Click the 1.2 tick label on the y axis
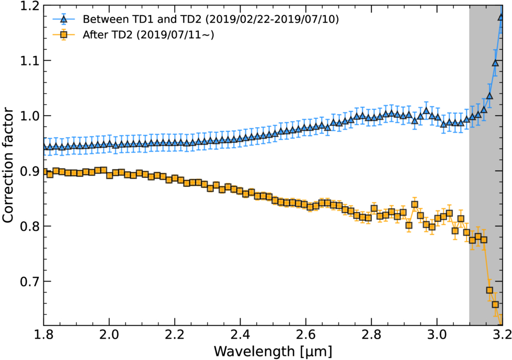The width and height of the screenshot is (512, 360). click(x=29, y=6)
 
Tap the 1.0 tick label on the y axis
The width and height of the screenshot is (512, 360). click(x=29, y=116)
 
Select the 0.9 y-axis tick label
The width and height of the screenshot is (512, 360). click(x=29, y=171)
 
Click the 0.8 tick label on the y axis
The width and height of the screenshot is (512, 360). click(x=29, y=226)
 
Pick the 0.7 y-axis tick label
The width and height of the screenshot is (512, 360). click(x=29, y=282)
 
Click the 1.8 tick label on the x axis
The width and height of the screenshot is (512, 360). click(x=43, y=335)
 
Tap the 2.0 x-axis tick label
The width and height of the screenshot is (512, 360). click(x=109, y=335)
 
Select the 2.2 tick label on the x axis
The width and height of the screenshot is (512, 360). click(x=175, y=335)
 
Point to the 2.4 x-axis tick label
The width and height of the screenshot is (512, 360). click(x=240, y=335)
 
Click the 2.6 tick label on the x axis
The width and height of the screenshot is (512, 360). click(x=305, y=335)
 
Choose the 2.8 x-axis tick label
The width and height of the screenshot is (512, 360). click(x=371, y=335)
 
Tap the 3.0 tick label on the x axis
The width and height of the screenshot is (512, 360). click(x=437, y=335)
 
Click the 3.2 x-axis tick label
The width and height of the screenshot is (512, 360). click(x=502, y=335)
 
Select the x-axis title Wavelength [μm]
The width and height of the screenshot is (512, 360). click(x=272, y=352)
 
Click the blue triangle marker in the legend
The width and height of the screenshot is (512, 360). click(x=64, y=19)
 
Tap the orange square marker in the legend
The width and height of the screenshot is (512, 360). click(x=64, y=35)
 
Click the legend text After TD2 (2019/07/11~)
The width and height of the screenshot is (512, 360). click(x=149, y=35)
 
